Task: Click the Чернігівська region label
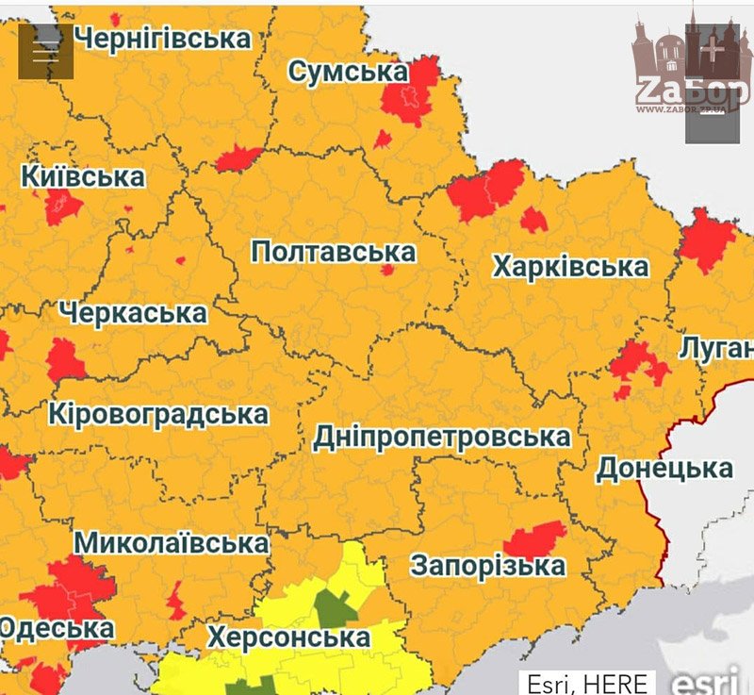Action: coord(162,38)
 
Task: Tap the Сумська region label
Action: coord(348,72)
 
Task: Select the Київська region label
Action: coord(83,176)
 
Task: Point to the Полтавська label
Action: coord(333,252)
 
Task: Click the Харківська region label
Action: coord(570,267)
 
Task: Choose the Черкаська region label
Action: coord(132,312)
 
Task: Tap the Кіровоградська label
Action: coord(158,414)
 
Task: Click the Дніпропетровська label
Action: coord(441,438)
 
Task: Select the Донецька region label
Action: coord(664,469)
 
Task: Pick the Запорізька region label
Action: coord(487,566)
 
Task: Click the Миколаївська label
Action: coord(171,543)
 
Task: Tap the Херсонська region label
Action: coord(288,637)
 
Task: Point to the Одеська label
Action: coord(57,628)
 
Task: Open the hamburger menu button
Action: coord(45,51)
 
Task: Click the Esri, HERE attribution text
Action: coord(587,683)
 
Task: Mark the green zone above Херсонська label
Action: coord(331,605)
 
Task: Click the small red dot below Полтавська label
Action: coord(386,271)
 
